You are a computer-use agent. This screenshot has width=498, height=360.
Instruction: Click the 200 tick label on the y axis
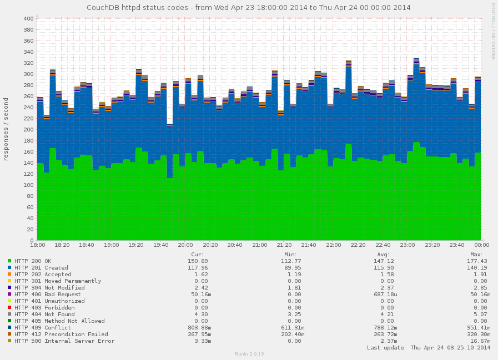[x=28, y=130]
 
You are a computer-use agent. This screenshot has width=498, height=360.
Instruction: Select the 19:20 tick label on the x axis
[x=136, y=245]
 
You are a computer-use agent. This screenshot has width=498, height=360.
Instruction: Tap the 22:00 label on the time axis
[x=334, y=245]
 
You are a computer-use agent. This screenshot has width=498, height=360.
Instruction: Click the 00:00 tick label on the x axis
[x=481, y=245]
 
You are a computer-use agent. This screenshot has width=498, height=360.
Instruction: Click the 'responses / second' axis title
[x=6, y=129]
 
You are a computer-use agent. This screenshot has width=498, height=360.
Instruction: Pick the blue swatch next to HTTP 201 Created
[x=10, y=268]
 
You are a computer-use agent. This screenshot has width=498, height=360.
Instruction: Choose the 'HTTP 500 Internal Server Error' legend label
[x=64, y=341]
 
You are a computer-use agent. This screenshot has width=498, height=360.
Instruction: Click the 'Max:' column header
[x=481, y=255]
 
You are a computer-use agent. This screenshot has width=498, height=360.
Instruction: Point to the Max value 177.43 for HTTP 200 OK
[x=478, y=261]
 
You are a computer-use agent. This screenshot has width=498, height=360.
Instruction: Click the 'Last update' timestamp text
[x=429, y=348]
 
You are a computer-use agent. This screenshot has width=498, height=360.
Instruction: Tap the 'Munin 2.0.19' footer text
[x=249, y=353]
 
